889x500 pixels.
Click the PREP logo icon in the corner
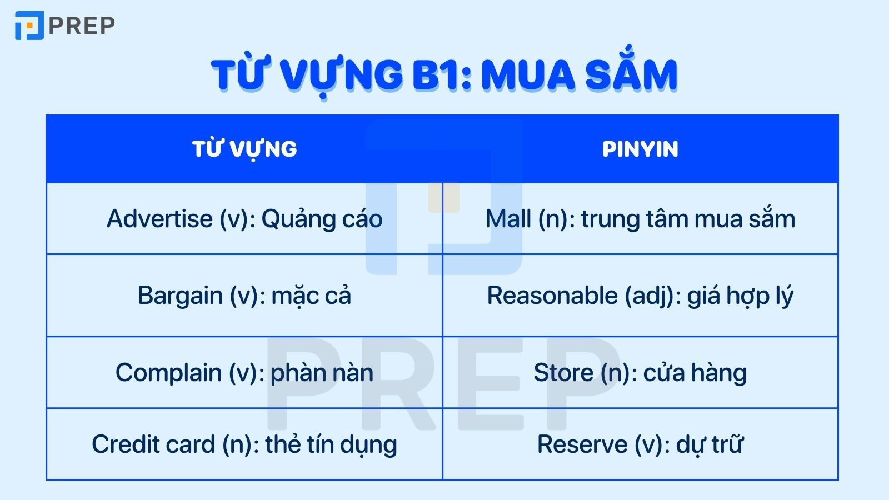coord(29,26)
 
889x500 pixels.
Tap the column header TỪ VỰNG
coord(244,149)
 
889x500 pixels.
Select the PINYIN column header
coord(640,149)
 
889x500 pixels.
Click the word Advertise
coord(159,219)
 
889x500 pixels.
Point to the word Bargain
coord(180,296)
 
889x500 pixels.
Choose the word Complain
coord(168,372)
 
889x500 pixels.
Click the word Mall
coord(508,219)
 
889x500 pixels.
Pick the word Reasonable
coord(552,296)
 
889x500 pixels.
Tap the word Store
coord(563,372)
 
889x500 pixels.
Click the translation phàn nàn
coord(322,372)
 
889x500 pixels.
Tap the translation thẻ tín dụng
coord(331,444)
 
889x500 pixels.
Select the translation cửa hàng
coord(695,372)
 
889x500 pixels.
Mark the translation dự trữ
coord(710,444)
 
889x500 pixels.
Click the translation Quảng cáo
coord(322,219)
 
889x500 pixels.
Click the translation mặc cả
coord(311,296)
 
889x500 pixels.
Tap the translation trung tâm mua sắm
coord(688,219)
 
